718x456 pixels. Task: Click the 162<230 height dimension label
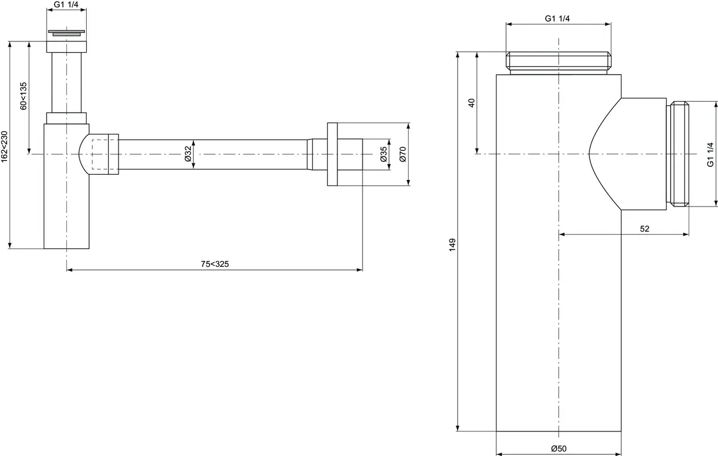tap(5, 145)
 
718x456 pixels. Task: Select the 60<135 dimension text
tap(23, 96)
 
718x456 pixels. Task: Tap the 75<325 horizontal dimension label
tap(214, 264)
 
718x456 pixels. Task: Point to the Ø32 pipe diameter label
tap(187, 154)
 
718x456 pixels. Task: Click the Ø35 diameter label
tap(384, 154)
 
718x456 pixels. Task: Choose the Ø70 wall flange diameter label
tap(403, 154)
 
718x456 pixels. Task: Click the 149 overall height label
tap(452, 245)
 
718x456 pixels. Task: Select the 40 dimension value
tap(471, 102)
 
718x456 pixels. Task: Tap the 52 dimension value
tap(644, 228)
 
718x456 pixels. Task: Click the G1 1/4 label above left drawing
tap(66, 5)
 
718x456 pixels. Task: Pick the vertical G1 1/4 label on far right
tap(710, 154)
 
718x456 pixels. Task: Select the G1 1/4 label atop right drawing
tap(558, 19)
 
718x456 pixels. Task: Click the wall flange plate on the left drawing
tap(333, 154)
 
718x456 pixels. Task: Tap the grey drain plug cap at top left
tap(66, 32)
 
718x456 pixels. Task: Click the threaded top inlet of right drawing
tap(558, 62)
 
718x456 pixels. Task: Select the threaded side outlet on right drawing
tap(678, 154)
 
